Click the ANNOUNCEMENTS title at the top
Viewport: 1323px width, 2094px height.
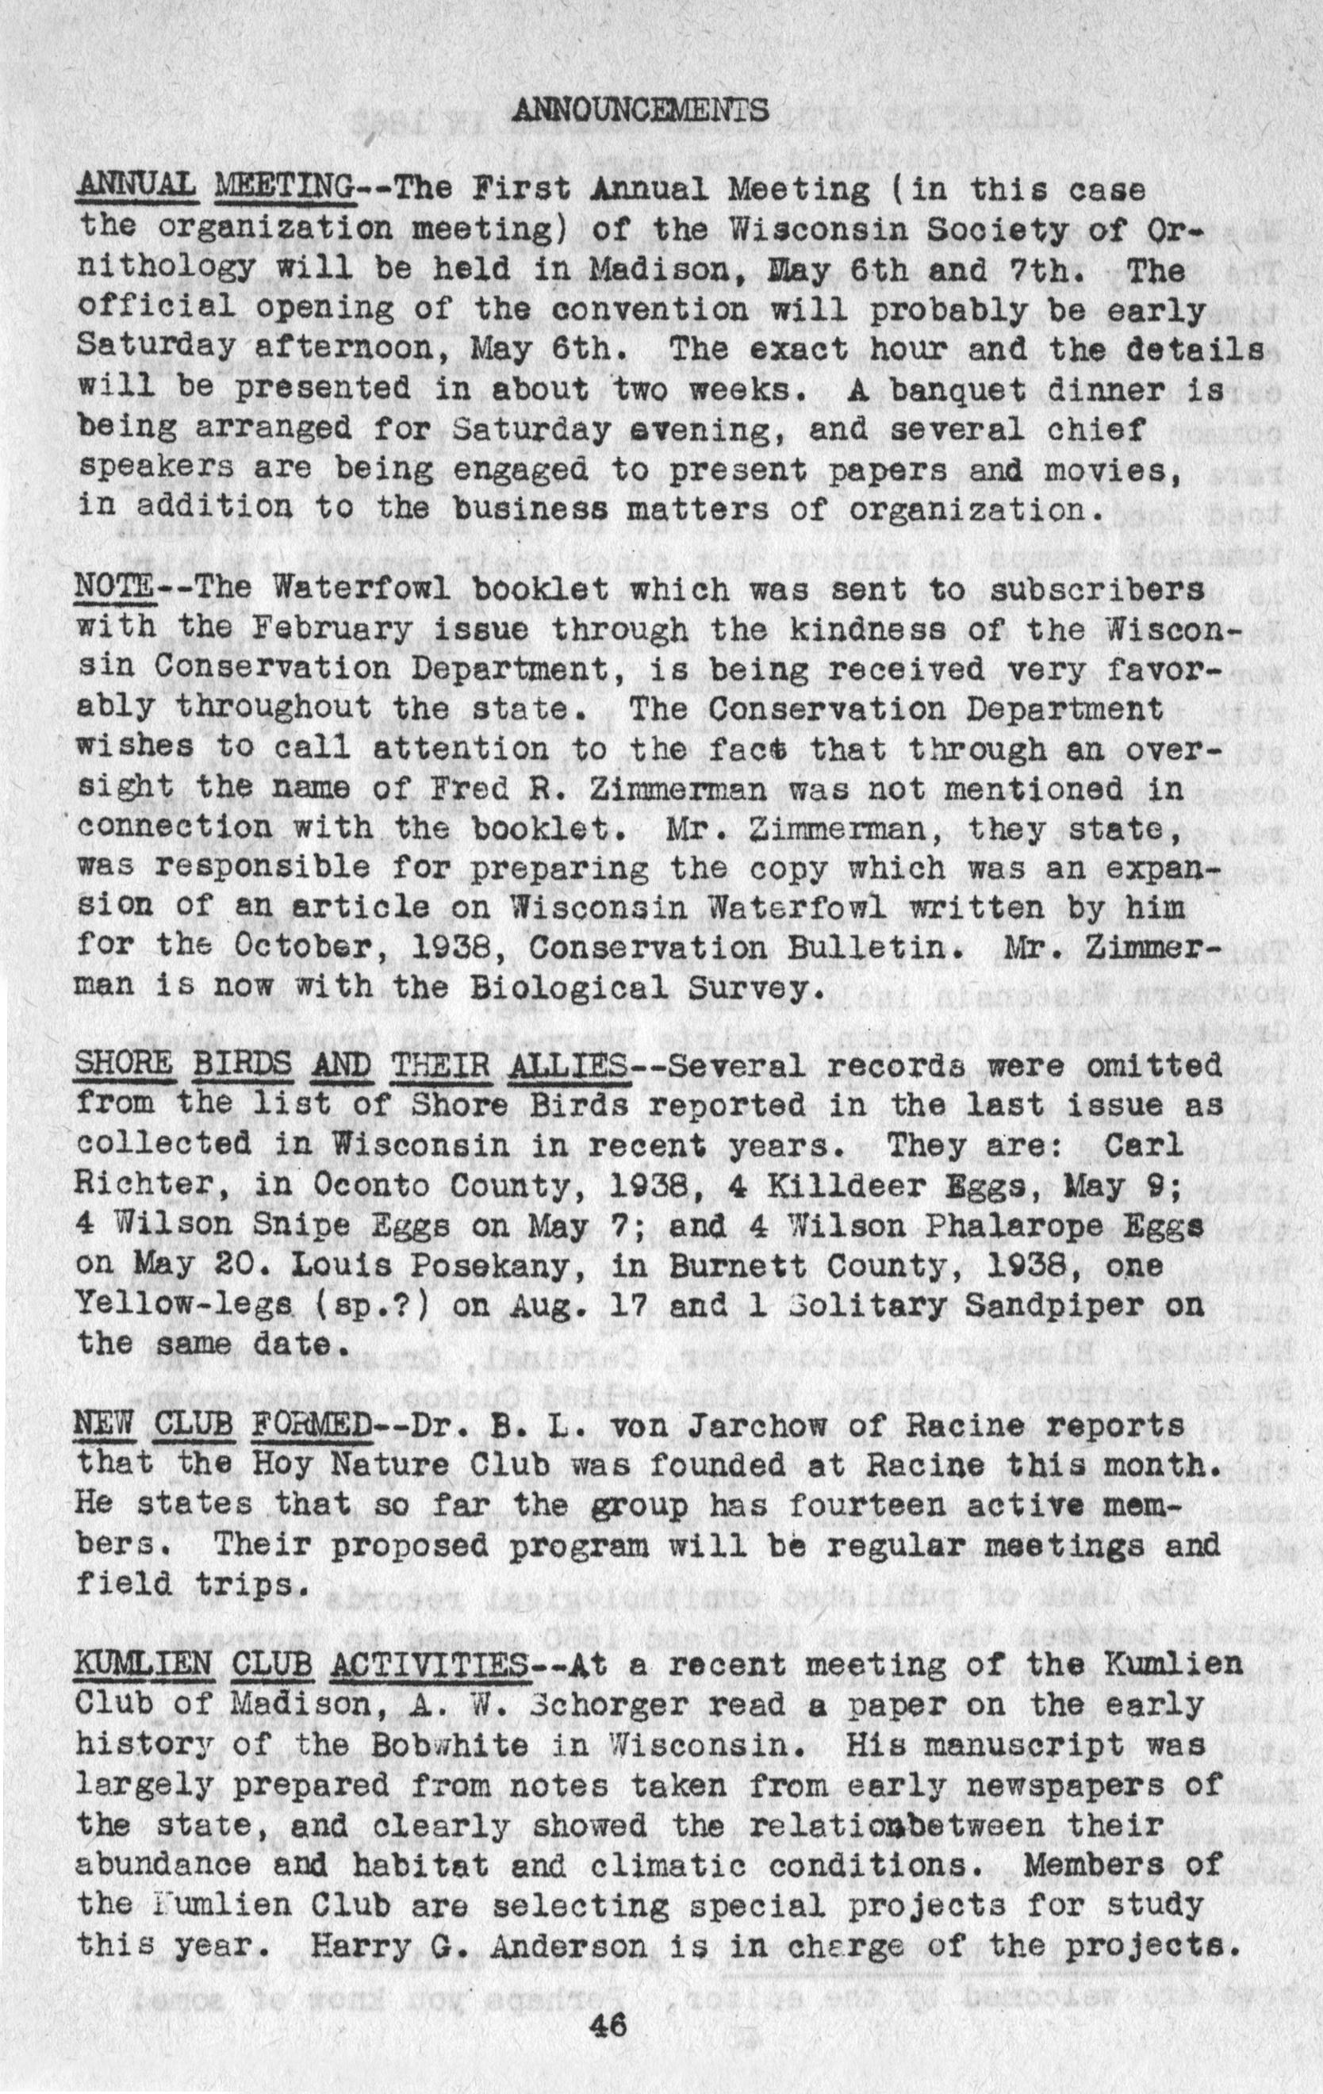coord(640,109)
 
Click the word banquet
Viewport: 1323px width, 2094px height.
coord(960,389)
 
